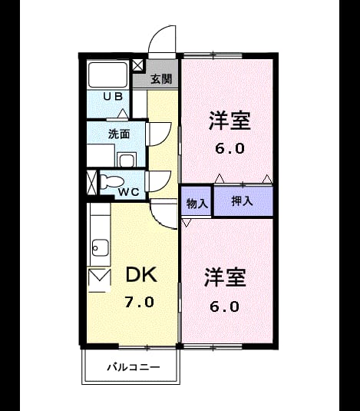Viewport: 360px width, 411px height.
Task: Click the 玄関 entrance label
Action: coord(161,79)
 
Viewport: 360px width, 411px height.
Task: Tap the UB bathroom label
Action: coord(113,97)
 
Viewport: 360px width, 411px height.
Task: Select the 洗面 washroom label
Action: coord(119,134)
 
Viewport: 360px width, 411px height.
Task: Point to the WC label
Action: coord(128,192)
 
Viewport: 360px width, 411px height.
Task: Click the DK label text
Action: coord(141,274)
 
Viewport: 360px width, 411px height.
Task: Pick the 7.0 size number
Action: coord(139,302)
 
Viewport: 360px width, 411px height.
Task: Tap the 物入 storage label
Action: coord(197,203)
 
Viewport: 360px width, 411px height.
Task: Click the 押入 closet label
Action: coord(243,201)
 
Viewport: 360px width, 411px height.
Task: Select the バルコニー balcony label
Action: coord(134,367)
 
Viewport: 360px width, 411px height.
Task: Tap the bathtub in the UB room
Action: coord(107,75)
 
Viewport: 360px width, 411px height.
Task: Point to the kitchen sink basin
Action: coord(101,247)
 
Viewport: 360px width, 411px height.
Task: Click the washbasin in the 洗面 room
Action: coord(127,160)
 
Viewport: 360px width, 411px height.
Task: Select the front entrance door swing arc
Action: coord(158,34)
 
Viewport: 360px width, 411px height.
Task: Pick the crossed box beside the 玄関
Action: coord(137,65)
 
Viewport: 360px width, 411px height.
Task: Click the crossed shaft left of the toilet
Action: coord(91,183)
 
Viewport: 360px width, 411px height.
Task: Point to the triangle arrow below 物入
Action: coord(187,223)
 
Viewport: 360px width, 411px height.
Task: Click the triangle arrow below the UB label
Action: coord(123,113)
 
